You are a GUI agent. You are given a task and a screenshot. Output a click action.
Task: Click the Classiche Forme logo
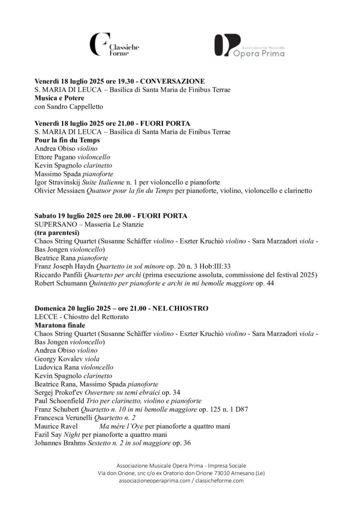114,46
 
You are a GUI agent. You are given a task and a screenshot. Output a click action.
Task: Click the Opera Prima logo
249,46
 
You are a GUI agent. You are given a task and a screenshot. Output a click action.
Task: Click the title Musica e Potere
59,98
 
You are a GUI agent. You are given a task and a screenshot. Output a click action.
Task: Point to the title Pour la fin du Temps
67,140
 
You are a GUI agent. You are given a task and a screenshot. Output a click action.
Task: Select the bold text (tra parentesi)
57,233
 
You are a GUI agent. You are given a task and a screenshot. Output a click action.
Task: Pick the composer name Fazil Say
48,435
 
